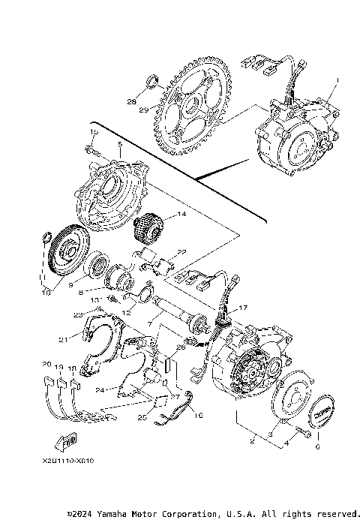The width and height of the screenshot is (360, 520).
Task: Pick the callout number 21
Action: pos(64,340)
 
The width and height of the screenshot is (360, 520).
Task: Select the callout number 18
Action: pos(72,368)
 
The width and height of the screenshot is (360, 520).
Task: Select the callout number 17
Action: pos(241,308)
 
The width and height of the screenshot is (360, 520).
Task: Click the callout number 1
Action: pos(337,79)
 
